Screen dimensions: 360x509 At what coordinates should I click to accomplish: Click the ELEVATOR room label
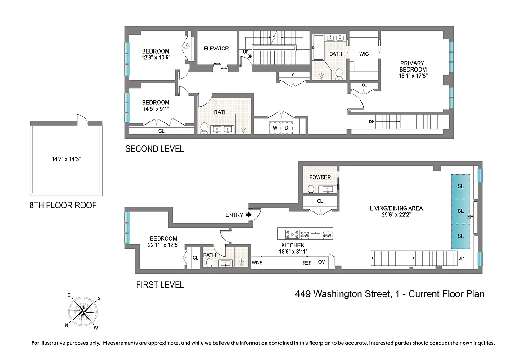pyautogui.click(x=216, y=49)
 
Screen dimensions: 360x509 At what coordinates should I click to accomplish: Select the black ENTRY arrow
pyautogui.click(x=248, y=215)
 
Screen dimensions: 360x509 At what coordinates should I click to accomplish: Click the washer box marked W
pyautogui.click(x=275, y=127)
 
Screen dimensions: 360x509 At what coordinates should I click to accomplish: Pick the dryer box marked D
pyautogui.click(x=287, y=127)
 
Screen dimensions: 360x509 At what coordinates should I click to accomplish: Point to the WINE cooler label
pyautogui.click(x=257, y=262)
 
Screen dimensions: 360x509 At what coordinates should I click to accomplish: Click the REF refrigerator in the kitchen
pyautogui.click(x=306, y=263)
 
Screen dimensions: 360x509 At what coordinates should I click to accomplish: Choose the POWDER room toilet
pyautogui.click(x=311, y=189)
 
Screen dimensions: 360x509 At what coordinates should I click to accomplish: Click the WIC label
pyautogui.click(x=364, y=54)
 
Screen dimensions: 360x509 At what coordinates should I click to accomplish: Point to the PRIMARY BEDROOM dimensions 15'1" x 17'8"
pyautogui.click(x=413, y=76)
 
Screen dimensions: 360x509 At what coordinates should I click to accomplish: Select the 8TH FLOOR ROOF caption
pyautogui.click(x=63, y=206)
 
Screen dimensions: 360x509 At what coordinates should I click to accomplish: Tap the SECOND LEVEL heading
pyautogui.click(x=154, y=149)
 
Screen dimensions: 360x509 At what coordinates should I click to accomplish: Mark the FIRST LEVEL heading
pyautogui.click(x=160, y=284)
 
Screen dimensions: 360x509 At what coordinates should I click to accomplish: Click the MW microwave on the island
pyautogui.click(x=328, y=235)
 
